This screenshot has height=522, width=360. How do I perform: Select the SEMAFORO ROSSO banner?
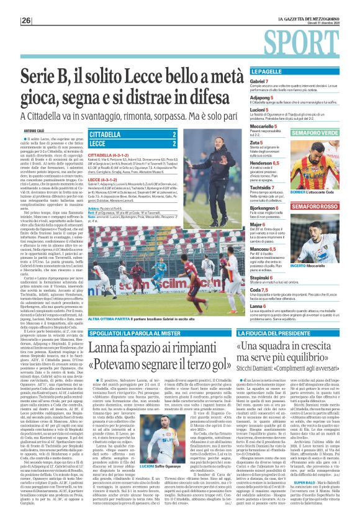tap(315, 206)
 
